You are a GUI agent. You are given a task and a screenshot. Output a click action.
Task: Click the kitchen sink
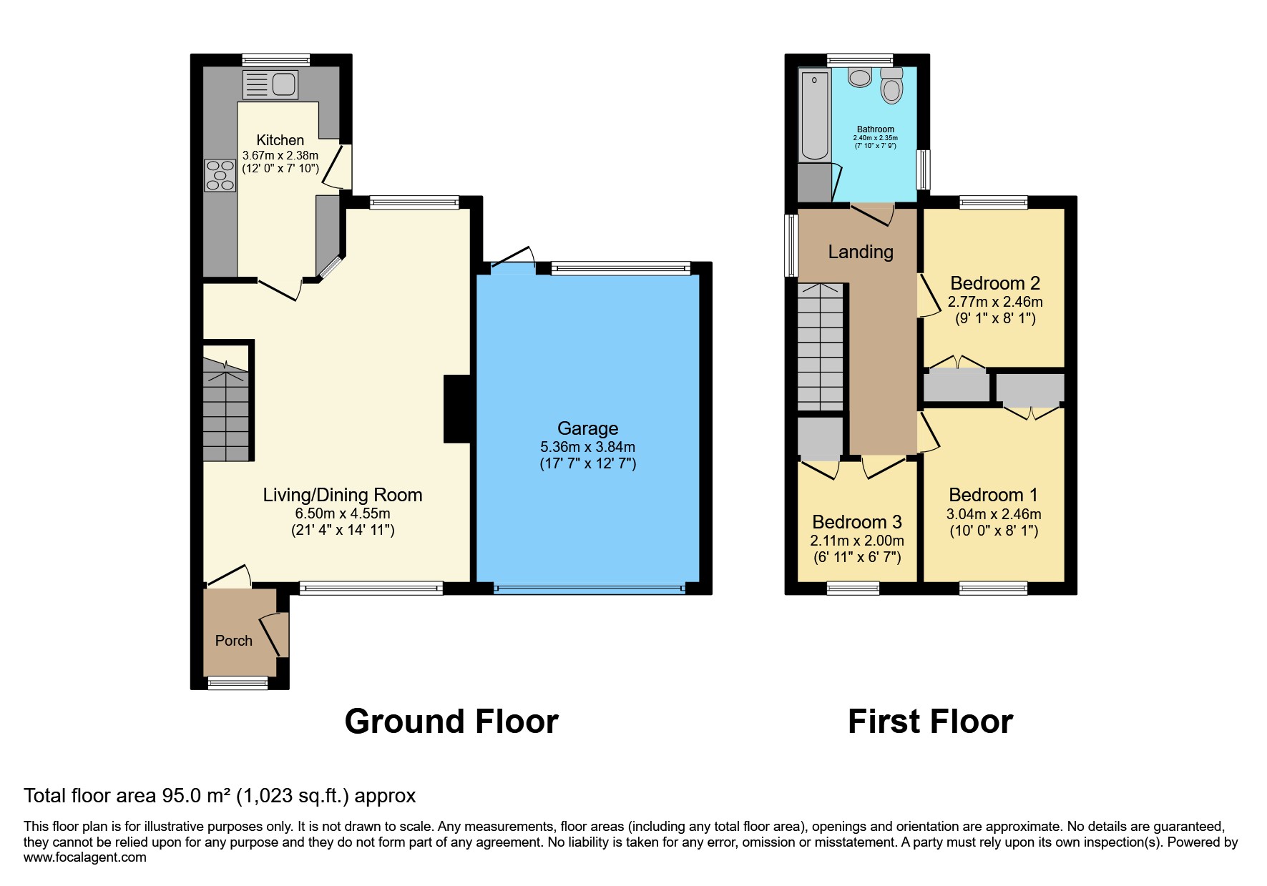tap(270, 84)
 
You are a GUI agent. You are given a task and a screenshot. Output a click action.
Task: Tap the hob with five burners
tap(220, 175)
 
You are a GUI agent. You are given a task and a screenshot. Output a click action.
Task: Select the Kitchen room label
tap(280, 140)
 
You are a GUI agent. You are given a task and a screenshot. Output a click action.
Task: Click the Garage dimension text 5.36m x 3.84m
tap(587, 447)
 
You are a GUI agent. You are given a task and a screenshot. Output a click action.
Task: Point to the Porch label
tap(233, 641)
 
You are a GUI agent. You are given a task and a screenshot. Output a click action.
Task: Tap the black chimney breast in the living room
tap(457, 409)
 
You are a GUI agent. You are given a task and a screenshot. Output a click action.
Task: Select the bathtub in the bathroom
tap(814, 115)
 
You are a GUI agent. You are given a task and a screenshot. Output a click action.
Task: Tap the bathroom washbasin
tap(859, 77)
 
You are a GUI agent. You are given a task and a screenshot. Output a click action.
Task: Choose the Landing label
tap(861, 252)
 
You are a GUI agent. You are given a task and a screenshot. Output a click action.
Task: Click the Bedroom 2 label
tap(994, 283)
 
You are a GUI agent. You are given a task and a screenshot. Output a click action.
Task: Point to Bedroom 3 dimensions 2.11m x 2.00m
tap(857, 541)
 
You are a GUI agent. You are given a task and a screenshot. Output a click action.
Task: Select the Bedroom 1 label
tap(993, 495)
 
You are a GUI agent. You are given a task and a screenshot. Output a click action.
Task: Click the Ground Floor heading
tap(451, 722)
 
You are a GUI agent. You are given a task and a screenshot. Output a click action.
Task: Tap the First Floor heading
tap(930, 722)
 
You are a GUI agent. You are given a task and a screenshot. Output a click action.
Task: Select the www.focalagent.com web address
tap(85, 857)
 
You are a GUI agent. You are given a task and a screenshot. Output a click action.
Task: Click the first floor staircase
tap(821, 347)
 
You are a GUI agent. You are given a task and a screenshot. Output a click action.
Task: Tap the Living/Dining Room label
tap(342, 495)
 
